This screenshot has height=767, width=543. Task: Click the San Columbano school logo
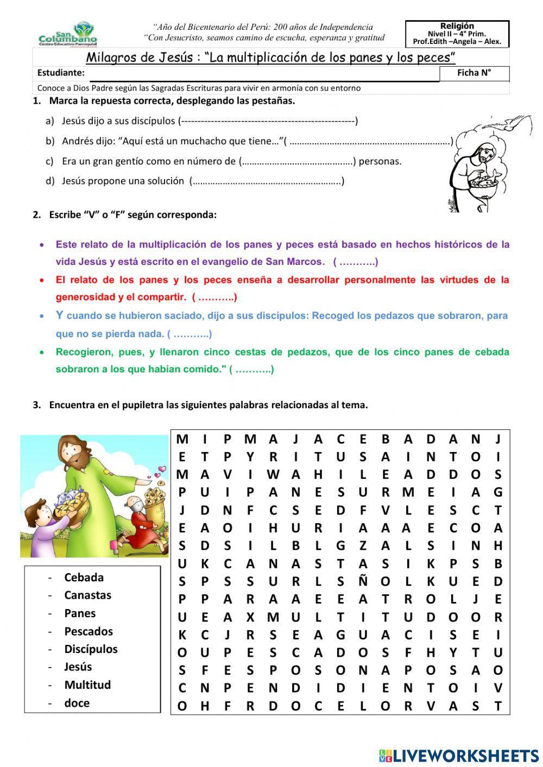point(68,34)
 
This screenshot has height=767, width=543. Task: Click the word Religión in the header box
point(457,26)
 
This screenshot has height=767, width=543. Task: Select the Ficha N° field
point(474,73)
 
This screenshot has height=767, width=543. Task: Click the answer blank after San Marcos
point(355,262)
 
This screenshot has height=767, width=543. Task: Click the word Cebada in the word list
point(84,578)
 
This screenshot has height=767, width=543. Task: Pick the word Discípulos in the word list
point(91,649)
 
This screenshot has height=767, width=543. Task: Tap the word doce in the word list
point(77,703)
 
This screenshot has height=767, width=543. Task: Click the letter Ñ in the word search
point(363,581)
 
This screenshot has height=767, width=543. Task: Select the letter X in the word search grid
point(250,617)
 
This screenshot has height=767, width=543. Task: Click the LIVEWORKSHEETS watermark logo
point(459,755)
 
